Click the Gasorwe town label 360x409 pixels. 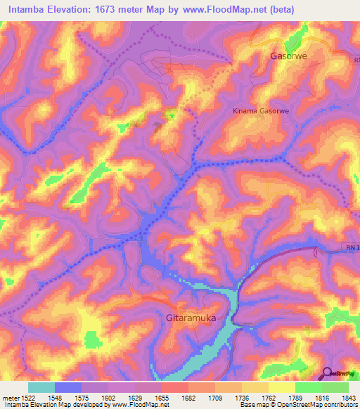pos(290,56)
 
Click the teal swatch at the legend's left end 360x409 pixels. pos(41,387)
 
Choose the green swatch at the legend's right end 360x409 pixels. pos(335,387)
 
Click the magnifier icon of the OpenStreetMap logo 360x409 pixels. pos(327,373)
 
